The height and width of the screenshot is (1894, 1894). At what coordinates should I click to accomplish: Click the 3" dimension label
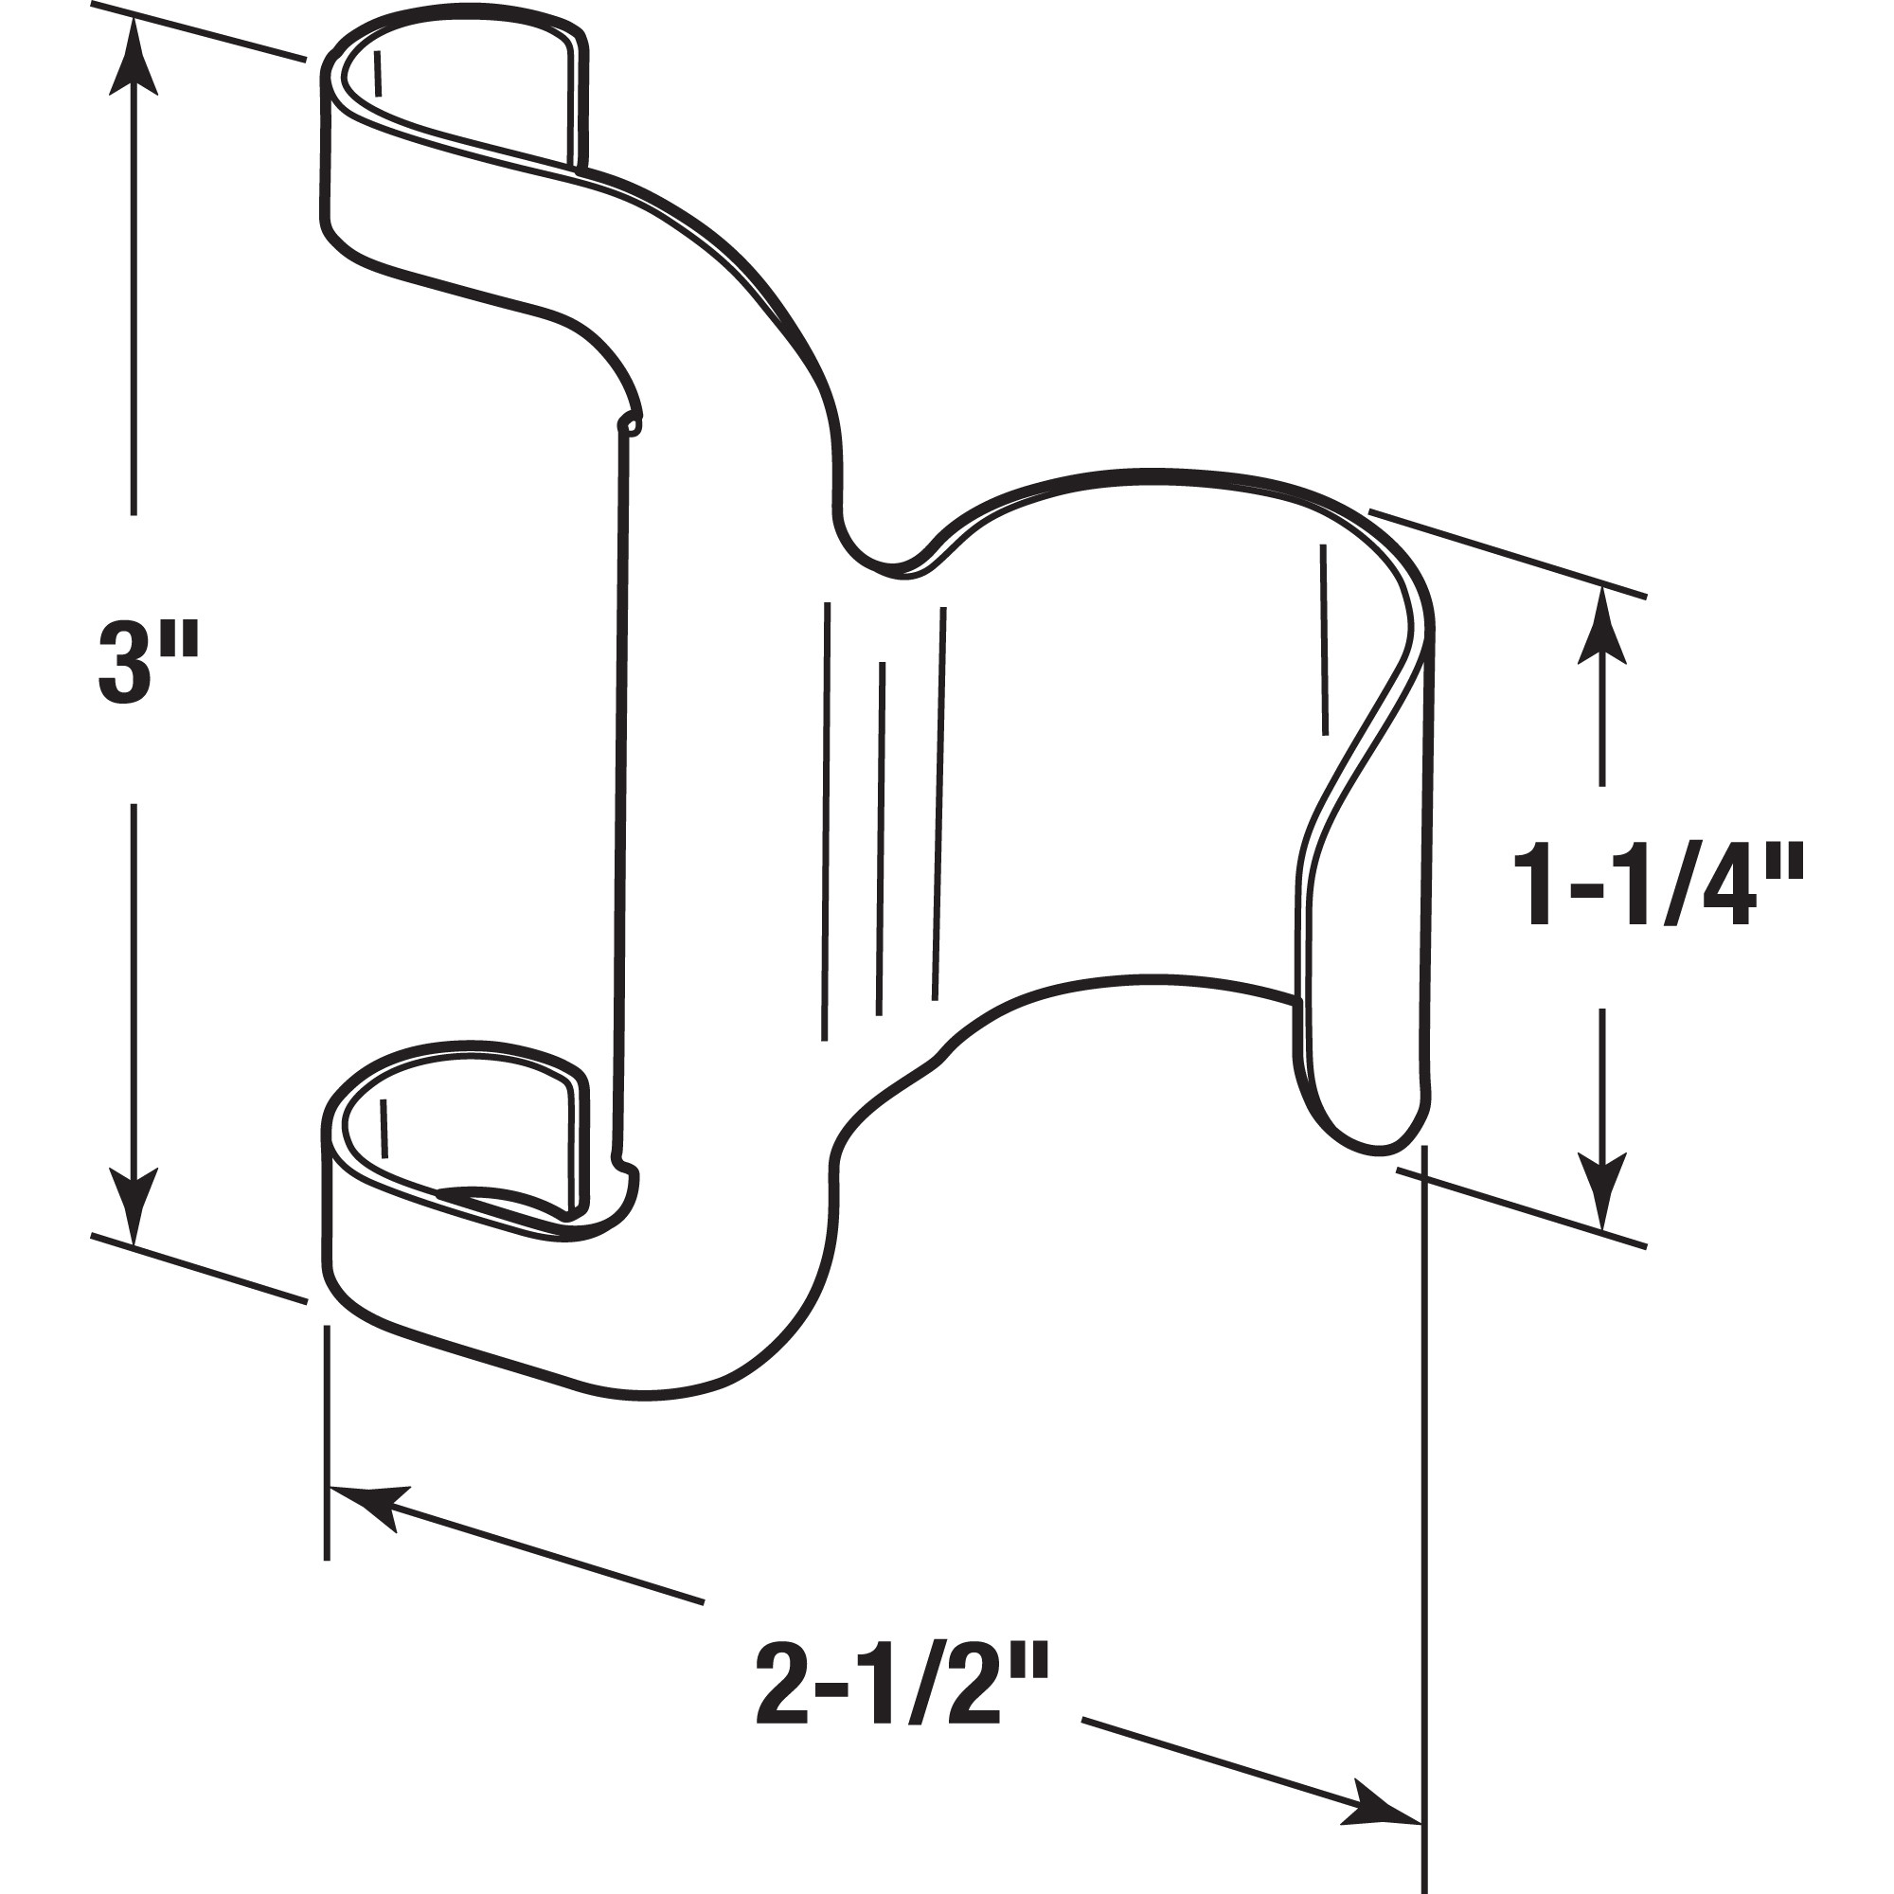click(147, 664)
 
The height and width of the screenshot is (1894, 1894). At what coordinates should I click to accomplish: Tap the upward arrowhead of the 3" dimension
click(134, 59)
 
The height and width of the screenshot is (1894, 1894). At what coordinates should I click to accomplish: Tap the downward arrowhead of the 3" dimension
click(134, 1206)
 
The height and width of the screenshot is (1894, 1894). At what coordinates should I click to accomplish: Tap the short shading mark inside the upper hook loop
click(379, 74)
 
